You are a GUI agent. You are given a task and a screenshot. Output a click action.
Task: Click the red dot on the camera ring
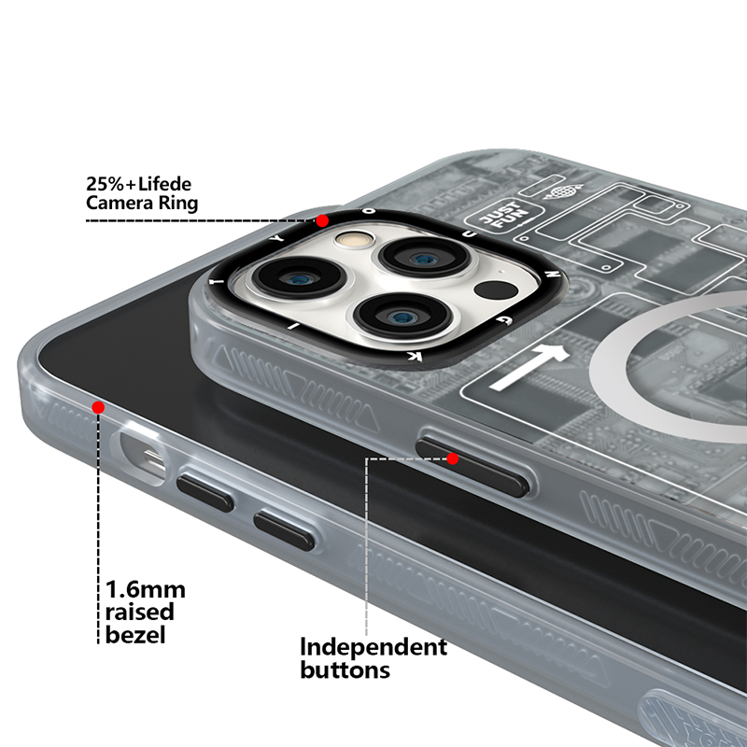click(x=322, y=221)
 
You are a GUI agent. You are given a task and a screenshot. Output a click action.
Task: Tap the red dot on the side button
click(x=453, y=458)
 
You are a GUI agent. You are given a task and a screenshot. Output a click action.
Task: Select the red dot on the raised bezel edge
click(x=98, y=406)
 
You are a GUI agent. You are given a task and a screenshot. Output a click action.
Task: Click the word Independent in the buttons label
click(x=373, y=647)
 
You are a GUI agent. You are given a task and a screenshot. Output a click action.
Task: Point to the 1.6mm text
click(x=145, y=590)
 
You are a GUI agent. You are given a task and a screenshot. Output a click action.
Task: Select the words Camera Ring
click(x=142, y=203)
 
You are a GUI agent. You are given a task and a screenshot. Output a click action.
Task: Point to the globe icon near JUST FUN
click(x=562, y=194)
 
